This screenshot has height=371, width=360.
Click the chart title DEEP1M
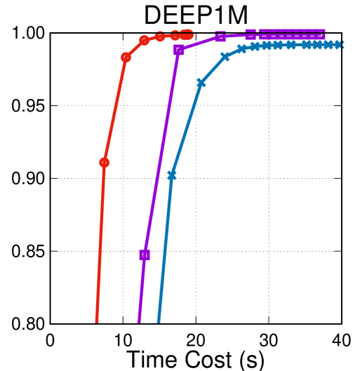[196, 15]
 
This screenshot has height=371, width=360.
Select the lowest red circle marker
[105, 163]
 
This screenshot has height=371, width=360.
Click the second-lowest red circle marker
[126, 58]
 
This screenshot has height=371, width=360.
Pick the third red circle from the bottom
[145, 41]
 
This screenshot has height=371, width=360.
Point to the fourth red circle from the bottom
[160, 36]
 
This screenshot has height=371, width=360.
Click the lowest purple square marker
[145, 255]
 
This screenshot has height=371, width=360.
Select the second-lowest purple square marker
[179, 50]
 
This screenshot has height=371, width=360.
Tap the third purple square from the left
[220, 36]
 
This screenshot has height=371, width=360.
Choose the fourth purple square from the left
[251, 34]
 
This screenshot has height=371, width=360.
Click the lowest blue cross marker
[172, 175]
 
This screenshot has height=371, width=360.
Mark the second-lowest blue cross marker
[201, 83]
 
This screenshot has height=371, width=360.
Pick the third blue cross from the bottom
[225, 57]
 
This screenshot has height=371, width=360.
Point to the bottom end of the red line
[97, 322]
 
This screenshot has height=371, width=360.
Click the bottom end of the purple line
[139, 322]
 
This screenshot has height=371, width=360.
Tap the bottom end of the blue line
[159, 322]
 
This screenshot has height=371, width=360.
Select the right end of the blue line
[341, 45]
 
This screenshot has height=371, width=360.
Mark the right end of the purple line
[324, 33]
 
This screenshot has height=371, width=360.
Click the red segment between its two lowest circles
[115, 110]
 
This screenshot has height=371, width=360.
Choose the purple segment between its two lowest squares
[161, 152]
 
